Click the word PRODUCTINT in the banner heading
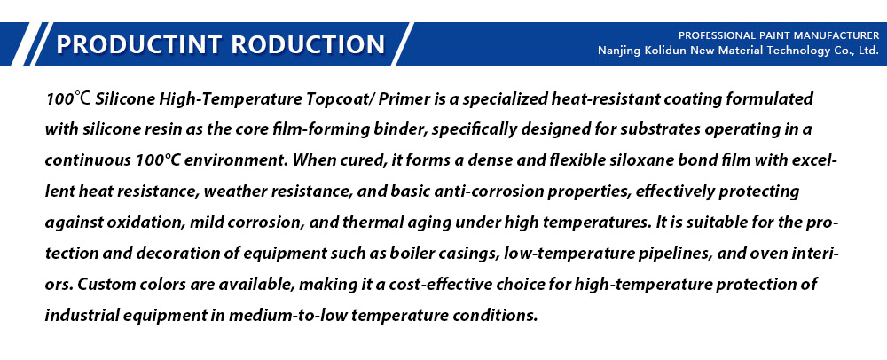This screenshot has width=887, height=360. (139, 44)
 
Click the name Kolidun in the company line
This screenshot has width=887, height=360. (665, 51)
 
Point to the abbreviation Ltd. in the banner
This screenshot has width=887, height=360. (868, 51)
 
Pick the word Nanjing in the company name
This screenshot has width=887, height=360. (619, 51)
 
